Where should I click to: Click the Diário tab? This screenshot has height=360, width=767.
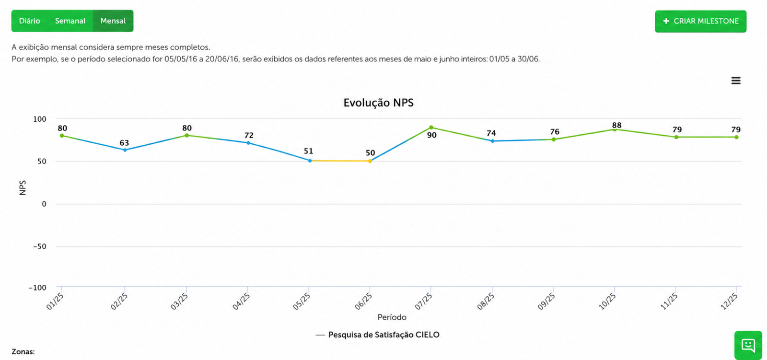pos(29,21)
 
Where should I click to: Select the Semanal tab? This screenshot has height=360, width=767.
pos(70,21)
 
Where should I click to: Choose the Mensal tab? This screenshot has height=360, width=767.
pos(113,21)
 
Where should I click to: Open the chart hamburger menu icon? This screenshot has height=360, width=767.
pos(736,81)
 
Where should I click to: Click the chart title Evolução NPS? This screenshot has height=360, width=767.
pos(378,103)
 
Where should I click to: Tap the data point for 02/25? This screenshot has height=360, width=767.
pos(125,150)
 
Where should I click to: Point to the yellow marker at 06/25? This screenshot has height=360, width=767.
pos(370,161)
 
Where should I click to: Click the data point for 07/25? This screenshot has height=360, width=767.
pos(431,128)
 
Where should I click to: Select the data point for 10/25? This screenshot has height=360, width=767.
pos(615,129)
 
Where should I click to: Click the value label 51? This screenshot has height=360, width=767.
pos(309,151)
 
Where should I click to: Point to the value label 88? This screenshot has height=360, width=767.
pos(616,126)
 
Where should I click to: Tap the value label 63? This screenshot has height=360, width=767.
pos(124,143)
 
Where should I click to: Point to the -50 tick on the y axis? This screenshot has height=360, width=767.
pos(40,246)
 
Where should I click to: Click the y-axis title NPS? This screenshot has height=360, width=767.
pos(23,188)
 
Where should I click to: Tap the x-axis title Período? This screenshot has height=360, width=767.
pos(392,317)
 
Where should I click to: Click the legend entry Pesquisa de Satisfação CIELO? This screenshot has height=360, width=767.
pos(377,335)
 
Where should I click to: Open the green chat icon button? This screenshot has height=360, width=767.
pos(748,345)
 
